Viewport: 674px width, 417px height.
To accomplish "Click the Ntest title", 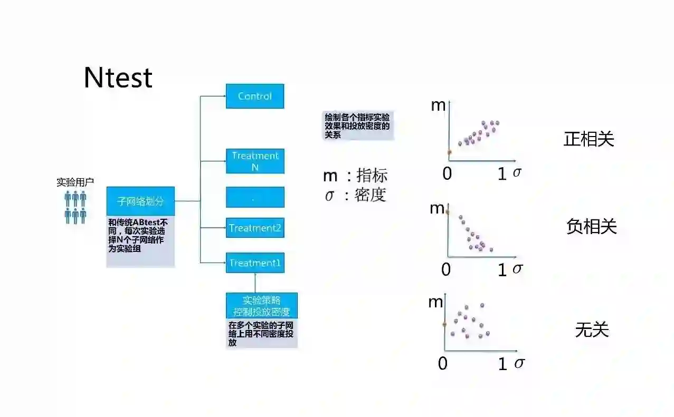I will coord(118,78).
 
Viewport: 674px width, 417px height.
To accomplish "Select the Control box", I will coord(255,96).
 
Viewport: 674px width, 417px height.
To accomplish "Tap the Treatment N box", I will coord(255,161).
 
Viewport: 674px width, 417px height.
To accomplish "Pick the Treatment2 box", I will coord(255,228).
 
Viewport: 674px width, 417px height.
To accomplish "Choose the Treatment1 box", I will coord(255,263).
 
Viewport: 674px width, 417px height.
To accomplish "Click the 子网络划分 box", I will coord(140,201).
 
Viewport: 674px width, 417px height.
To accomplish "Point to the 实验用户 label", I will coord(75,182).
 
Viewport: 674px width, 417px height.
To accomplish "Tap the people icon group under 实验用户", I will coord(75,207).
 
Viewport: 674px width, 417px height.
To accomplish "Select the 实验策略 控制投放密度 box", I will coord(262,306).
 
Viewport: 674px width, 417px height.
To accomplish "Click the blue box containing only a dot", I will coord(255,197).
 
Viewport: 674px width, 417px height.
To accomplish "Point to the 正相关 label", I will coord(589,139).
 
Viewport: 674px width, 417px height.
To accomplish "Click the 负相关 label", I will coord(591,227).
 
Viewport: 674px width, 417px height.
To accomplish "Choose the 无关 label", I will coord(592,329).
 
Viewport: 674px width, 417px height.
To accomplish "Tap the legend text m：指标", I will coord(355,176).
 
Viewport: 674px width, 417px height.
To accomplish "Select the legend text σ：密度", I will coord(355,195).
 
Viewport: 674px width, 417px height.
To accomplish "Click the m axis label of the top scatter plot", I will coord(438,105).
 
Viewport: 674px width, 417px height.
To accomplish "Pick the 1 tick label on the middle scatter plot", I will coord(502,270).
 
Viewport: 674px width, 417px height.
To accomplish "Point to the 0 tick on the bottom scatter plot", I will coord(443,363).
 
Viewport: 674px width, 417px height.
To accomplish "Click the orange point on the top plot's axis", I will coord(449,152).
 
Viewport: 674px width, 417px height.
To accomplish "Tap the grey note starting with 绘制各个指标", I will coord(358,125).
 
